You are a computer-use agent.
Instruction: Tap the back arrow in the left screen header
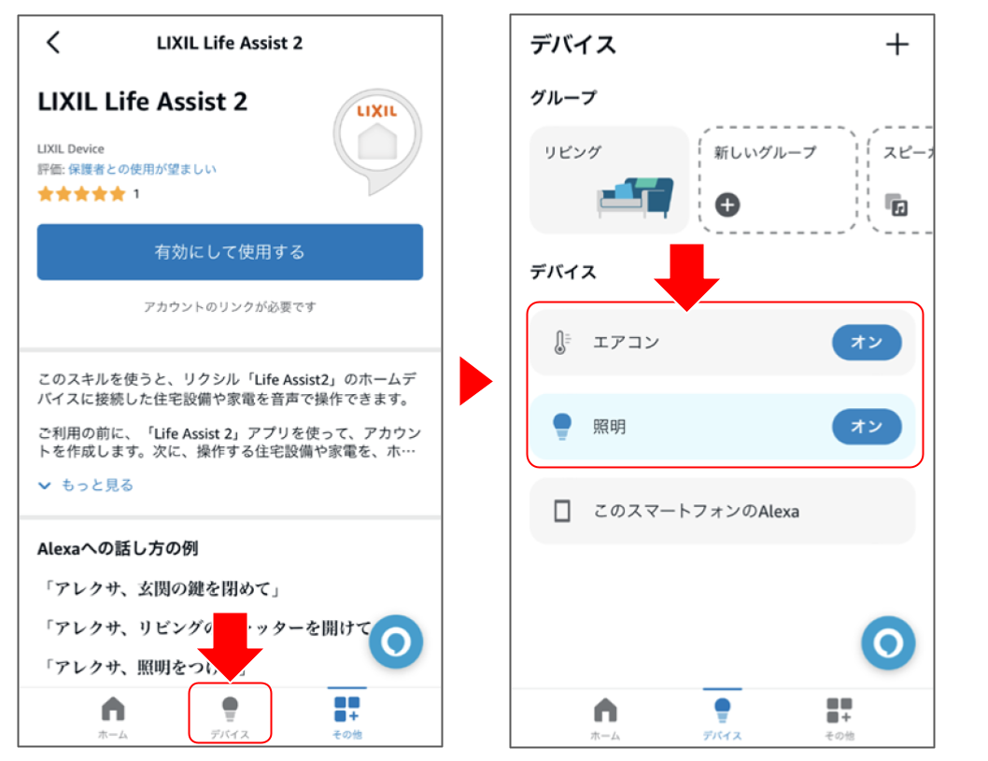click(53, 42)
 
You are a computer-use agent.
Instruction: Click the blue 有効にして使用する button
click(230, 252)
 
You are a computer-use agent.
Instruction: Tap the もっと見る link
click(87, 485)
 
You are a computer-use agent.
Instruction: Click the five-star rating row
click(81, 194)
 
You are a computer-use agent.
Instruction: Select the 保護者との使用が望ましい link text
click(142, 169)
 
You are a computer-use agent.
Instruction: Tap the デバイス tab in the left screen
click(230, 715)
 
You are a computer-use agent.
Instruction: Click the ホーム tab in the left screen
click(113, 715)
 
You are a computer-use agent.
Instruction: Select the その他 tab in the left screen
click(346, 715)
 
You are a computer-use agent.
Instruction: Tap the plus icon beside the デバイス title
click(896, 44)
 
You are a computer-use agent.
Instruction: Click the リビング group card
click(609, 180)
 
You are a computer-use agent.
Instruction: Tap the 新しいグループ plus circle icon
click(727, 204)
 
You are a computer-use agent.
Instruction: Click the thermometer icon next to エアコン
click(561, 343)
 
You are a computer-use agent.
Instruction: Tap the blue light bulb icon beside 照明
click(561, 427)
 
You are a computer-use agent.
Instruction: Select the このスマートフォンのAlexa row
click(722, 511)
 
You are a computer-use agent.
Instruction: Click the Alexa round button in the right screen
click(887, 642)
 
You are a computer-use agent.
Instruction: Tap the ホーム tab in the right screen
click(605, 717)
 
